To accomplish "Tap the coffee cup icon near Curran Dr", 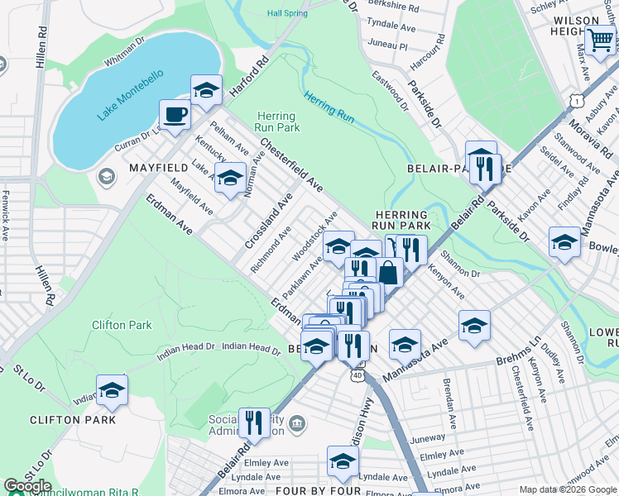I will click(175, 115).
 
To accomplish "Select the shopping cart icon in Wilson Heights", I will click(600, 39).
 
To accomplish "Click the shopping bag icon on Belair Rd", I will click(388, 271).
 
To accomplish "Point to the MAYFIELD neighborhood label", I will click(157, 168).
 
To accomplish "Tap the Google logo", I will click(27, 486).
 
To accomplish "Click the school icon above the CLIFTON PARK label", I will click(112, 390).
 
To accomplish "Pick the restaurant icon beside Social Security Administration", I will click(254, 422).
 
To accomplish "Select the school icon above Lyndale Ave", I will click(342, 461).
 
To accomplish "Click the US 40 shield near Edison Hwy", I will click(357, 375).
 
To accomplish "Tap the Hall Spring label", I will click(287, 13).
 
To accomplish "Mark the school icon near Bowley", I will click(564, 241).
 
